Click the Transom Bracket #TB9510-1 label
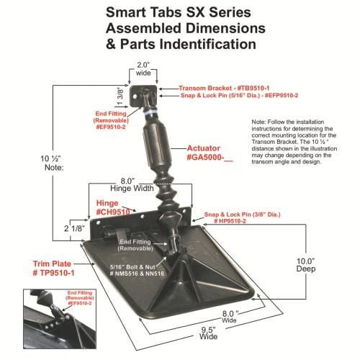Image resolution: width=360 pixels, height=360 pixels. point(224,89)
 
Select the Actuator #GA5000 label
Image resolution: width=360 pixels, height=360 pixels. point(210,153)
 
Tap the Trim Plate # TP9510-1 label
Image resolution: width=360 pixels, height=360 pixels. point(53,269)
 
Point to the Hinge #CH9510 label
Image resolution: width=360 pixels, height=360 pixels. point(113,207)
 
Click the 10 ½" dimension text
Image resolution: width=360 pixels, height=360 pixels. point(50,158)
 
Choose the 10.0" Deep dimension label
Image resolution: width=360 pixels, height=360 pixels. point(306,265)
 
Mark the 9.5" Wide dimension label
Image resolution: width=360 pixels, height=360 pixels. point(208,333)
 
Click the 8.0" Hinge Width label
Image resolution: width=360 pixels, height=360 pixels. point(132,184)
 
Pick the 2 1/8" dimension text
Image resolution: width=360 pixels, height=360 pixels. point(75,228)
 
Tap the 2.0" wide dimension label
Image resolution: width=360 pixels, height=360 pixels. point(143,69)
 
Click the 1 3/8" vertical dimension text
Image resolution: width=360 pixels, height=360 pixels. point(120,96)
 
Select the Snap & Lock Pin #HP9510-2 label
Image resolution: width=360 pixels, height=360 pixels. point(242,217)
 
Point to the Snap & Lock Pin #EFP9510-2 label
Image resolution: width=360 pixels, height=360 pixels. point(240,96)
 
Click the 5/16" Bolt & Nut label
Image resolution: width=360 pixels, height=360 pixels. point(137,270)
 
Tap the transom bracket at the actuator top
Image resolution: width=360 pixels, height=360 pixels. point(143,96)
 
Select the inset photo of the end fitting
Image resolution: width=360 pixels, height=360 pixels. point(60,319)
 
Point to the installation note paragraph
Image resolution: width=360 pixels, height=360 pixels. point(294,142)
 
